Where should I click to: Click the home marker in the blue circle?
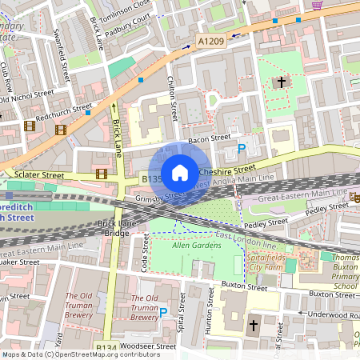point(180,172)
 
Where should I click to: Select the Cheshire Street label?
point(226,170)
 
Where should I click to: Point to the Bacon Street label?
point(203,141)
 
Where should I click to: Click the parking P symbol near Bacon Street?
point(242,148)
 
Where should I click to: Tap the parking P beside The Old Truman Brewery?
point(163,313)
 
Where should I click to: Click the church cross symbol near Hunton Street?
point(254,326)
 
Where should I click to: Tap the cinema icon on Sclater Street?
point(102,173)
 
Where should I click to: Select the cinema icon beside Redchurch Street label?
point(30,125)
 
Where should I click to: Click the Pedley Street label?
point(267,222)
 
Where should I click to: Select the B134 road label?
point(106,347)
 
